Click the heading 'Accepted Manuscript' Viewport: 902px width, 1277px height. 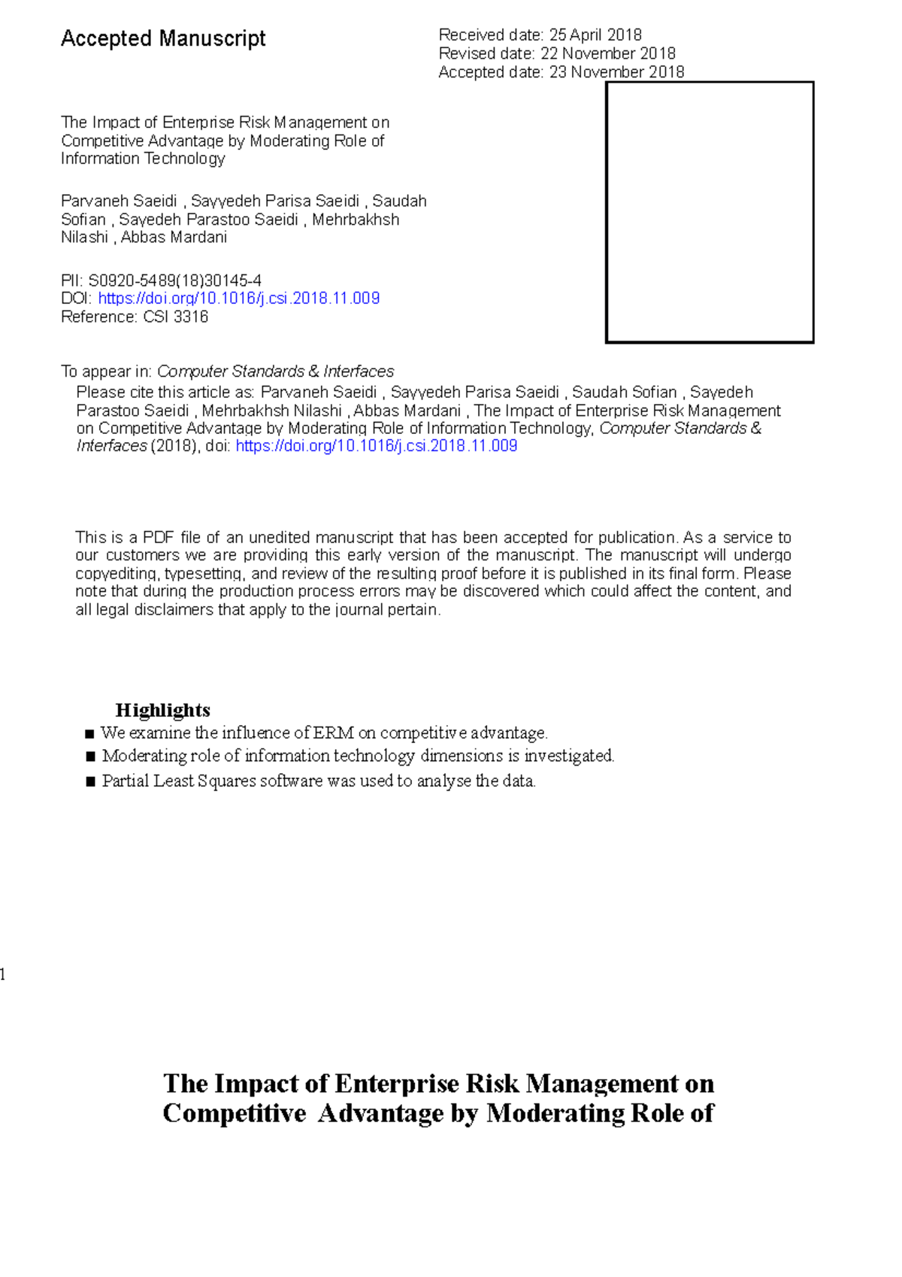point(163,38)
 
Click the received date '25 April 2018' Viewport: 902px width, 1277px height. point(595,35)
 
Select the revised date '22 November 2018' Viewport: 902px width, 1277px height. point(607,53)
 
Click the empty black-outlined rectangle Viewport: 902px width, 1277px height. point(710,212)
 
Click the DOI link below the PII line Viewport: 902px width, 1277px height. point(238,299)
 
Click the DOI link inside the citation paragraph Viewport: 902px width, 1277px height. point(376,446)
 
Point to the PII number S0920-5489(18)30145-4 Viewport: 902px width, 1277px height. point(175,281)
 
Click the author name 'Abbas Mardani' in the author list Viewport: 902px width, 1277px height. point(174,238)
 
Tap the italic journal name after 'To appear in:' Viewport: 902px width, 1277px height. point(275,372)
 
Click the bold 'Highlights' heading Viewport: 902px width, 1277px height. point(162,710)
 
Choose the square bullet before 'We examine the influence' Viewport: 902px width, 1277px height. point(89,734)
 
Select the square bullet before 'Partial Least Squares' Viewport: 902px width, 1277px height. point(90,782)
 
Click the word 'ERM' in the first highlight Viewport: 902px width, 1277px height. point(333,733)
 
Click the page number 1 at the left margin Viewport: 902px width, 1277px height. point(3,975)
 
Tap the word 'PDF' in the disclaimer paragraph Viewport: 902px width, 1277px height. point(158,538)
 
